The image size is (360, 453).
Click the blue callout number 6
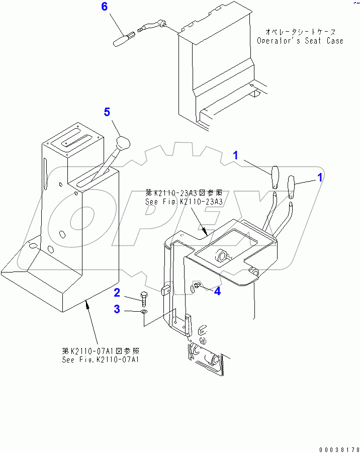105,7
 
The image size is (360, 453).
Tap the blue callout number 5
107,112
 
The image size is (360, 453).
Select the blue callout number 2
117,292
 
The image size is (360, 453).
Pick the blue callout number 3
117,309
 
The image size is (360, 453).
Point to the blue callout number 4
217,291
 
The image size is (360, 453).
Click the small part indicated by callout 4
197,287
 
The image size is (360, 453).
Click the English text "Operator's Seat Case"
300,41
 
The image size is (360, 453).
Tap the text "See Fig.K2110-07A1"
101,359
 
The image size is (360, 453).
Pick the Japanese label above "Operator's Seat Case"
300,31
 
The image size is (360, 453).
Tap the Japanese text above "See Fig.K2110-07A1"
101,351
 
